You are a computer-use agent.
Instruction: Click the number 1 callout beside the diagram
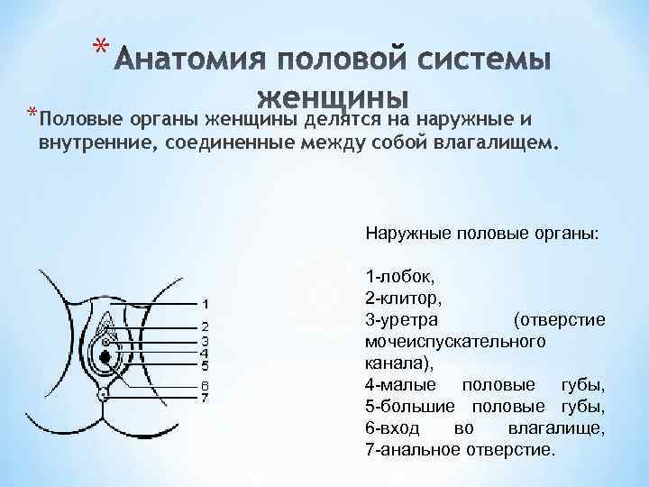click(206, 303)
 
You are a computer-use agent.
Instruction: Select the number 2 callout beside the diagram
click(206, 326)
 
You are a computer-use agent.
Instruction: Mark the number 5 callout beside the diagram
click(206, 365)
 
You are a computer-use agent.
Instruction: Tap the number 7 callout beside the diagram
click(206, 397)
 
